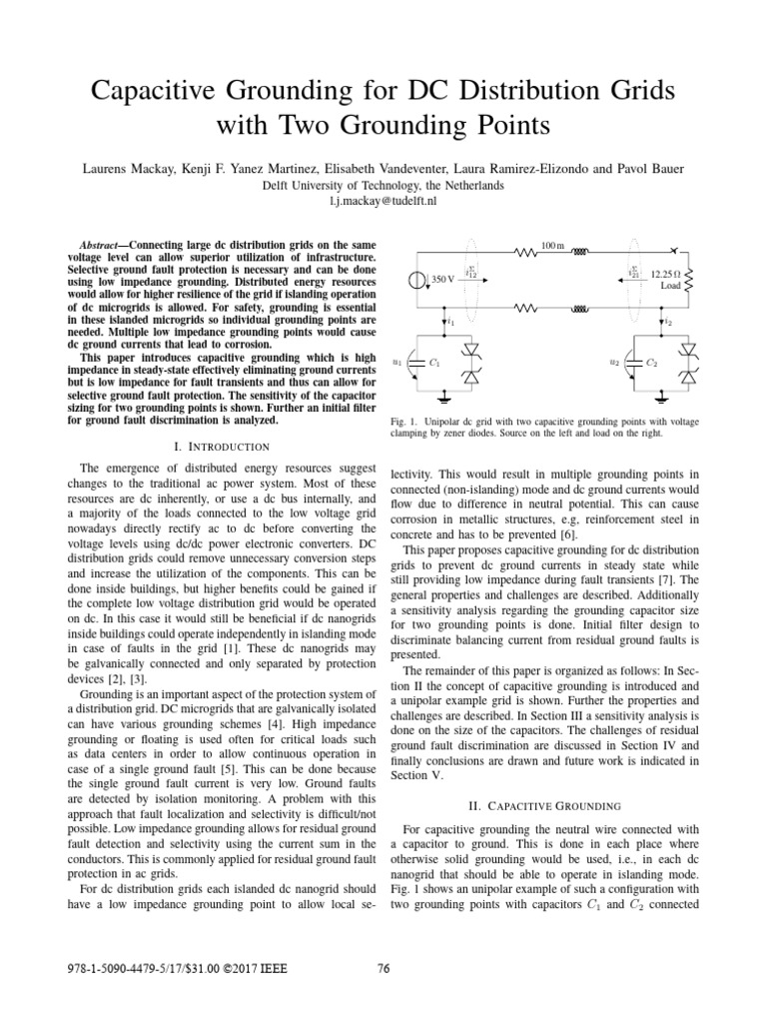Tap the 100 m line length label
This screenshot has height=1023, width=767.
pyautogui.click(x=552, y=245)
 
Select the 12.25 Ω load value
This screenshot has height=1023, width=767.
pyautogui.click(x=665, y=273)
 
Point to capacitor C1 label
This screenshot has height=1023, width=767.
pyautogui.click(x=433, y=365)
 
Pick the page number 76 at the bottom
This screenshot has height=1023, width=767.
pyautogui.click(x=383, y=966)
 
